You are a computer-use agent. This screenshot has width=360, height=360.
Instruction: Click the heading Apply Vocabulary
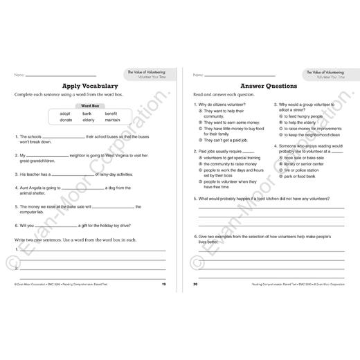(90, 85)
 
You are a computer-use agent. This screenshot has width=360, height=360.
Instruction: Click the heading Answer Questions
(269, 86)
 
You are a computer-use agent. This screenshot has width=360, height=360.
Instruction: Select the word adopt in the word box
(65, 113)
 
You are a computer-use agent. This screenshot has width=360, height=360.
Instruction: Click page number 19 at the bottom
(163, 285)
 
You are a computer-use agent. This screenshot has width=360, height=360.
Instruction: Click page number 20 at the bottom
(195, 285)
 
